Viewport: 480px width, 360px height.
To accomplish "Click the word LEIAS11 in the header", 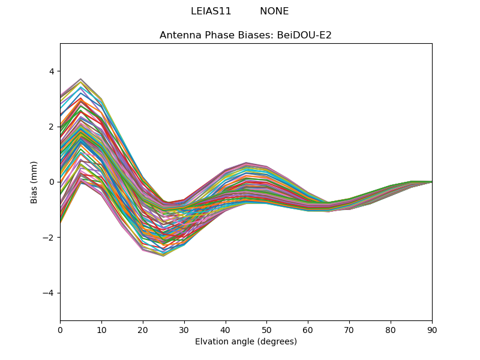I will (211, 11).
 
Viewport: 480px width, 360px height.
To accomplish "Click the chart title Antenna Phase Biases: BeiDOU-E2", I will (245, 35).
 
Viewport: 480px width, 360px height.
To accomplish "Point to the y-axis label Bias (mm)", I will (34, 182).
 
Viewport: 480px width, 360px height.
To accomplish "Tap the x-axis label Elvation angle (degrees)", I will (245, 341).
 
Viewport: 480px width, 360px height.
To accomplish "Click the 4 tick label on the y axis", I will (51, 71).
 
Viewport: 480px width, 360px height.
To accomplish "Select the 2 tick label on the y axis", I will (51, 127).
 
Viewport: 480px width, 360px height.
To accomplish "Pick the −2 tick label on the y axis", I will (49, 238).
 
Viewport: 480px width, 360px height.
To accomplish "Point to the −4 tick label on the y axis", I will (49, 293).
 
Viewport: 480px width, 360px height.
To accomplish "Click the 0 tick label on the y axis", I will (51, 182).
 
